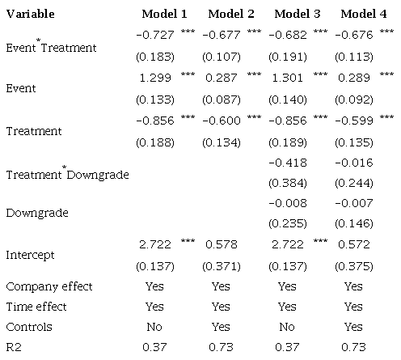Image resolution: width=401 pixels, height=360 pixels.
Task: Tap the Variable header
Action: [x=31, y=15]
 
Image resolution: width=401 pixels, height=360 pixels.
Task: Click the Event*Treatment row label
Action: [x=50, y=47]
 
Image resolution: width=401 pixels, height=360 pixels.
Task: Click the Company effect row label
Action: [x=49, y=286]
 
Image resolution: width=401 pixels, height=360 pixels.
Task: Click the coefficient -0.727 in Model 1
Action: [x=154, y=36]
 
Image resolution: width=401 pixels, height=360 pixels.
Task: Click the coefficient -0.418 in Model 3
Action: [x=287, y=162]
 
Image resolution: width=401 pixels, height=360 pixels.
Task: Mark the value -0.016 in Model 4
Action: [x=353, y=162]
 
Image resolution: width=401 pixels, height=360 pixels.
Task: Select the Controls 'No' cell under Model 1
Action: [x=154, y=328]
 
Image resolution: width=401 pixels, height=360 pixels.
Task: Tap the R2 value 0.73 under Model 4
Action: [x=353, y=348]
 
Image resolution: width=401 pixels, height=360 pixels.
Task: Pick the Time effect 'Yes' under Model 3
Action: [x=287, y=307]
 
